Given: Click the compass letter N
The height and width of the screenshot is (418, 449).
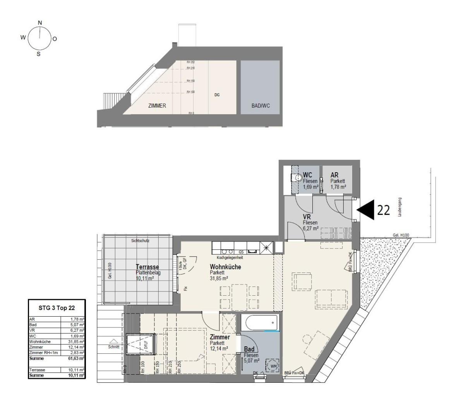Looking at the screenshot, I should [x=40, y=23].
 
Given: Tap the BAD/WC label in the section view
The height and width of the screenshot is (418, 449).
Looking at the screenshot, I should [x=260, y=106].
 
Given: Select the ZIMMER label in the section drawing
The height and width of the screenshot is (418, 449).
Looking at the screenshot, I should [x=157, y=106].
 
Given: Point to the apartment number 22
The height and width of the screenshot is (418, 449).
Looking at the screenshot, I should [x=383, y=210].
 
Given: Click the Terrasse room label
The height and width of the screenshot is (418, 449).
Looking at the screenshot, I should [x=147, y=267].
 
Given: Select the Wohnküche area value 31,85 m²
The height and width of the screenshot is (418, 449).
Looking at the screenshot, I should [x=219, y=278].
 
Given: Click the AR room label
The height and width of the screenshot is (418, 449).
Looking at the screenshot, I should [x=334, y=176].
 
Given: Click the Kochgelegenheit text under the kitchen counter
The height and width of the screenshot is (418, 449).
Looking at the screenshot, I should [x=230, y=257].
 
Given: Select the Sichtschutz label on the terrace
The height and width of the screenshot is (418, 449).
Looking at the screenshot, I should [x=140, y=240].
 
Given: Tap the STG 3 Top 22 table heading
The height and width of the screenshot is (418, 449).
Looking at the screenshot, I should [x=57, y=308].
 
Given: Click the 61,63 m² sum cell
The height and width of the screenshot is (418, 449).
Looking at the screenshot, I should [x=76, y=358].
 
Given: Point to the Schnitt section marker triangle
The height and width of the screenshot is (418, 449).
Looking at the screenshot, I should [x=114, y=341].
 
